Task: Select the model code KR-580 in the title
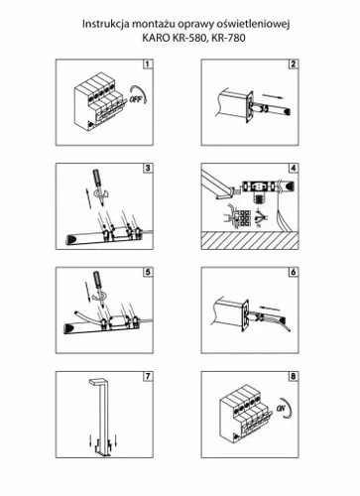(x=189, y=38)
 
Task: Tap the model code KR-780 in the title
(x=228, y=38)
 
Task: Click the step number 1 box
(x=148, y=63)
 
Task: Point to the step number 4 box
(x=294, y=168)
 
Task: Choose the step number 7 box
(x=148, y=376)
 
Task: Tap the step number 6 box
(x=294, y=272)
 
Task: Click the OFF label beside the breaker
(x=135, y=99)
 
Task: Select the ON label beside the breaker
(x=281, y=408)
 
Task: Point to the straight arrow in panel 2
(x=273, y=96)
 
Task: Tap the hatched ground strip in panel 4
(x=250, y=240)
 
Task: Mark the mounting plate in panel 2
(x=249, y=107)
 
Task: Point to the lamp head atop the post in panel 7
(x=97, y=381)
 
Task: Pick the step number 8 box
(x=294, y=376)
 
